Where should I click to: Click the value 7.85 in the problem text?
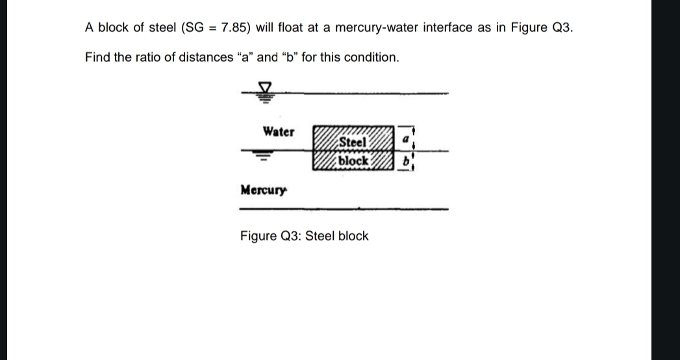pyautogui.click(x=234, y=28)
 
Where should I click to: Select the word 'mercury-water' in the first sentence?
pyautogui.click(x=371, y=28)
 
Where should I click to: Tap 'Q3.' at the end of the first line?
pyautogui.click(x=562, y=28)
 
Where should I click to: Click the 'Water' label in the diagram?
pyautogui.click(x=278, y=132)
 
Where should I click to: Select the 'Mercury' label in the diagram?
pyautogui.click(x=263, y=190)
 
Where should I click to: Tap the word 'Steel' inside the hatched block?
pyautogui.click(x=353, y=142)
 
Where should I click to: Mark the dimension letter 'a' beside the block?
pyautogui.click(x=405, y=139)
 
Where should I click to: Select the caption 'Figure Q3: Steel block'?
pyautogui.click(x=304, y=236)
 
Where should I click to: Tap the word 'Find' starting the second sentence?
pyautogui.click(x=97, y=57)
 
